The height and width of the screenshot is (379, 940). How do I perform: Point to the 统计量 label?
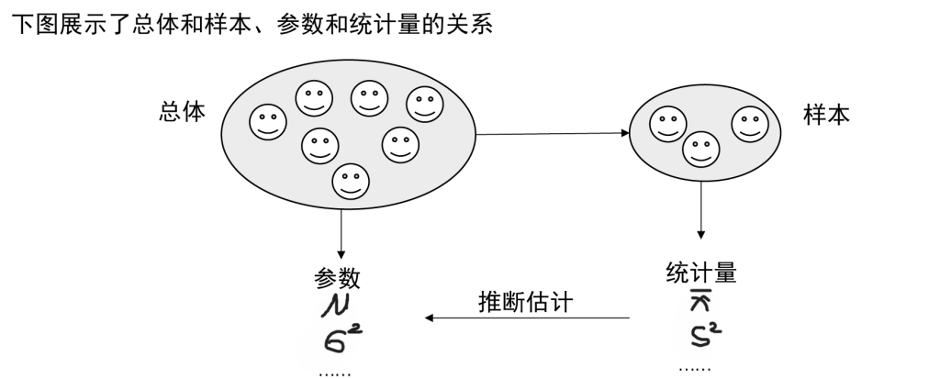(x=701, y=273)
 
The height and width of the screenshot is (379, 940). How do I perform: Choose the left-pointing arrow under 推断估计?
(x=527, y=318)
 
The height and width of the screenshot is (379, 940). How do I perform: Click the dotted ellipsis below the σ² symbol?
(x=333, y=371)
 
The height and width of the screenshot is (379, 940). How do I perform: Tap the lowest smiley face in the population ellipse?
(x=349, y=181)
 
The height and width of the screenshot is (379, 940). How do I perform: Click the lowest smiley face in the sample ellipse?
(x=700, y=150)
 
